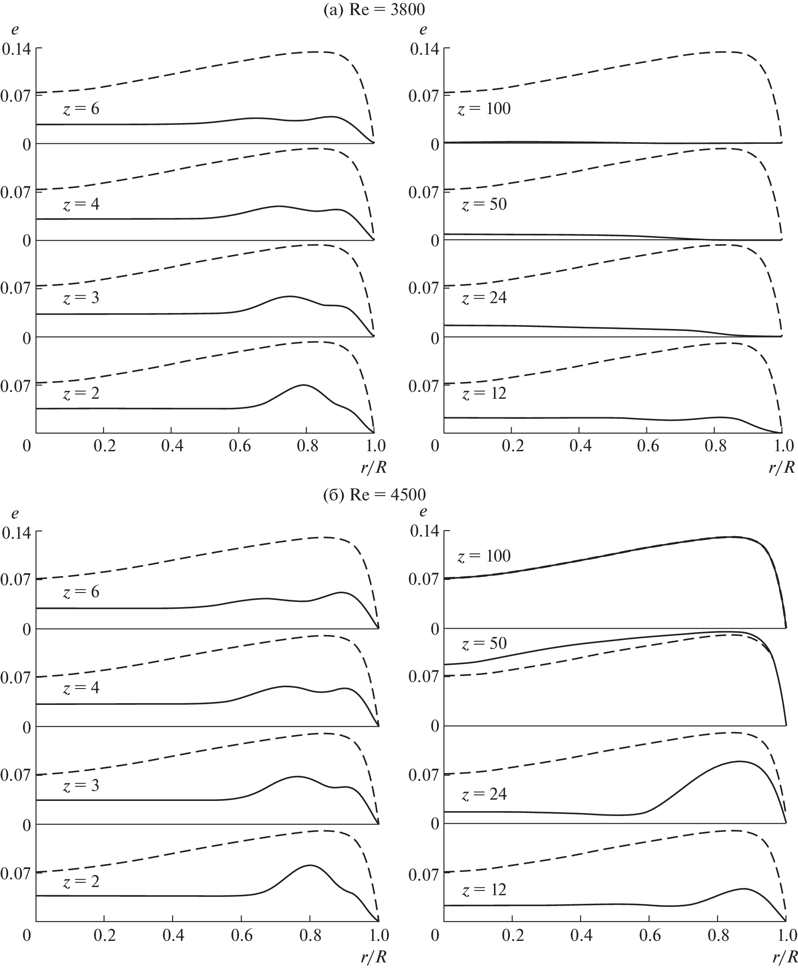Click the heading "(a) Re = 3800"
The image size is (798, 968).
(x=374, y=9)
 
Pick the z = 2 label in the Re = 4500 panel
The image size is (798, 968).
(x=81, y=881)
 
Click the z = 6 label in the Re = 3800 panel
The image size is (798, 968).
(x=81, y=109)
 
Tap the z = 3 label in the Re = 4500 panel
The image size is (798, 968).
(x=81, y=785)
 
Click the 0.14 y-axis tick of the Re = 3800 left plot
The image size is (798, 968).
(x=16, y=49)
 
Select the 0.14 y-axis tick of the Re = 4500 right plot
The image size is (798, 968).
(x=424, y=532)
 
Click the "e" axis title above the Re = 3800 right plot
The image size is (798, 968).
(x=423, y=30)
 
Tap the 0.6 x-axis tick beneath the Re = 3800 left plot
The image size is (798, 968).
(x=239, y=445)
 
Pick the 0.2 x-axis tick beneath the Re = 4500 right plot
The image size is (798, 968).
(x=512, y=935)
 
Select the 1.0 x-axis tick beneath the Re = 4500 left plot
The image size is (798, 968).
(x=378, y=935)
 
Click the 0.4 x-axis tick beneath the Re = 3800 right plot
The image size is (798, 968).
(x=580, y=445)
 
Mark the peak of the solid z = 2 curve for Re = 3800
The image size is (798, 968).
(x=303, y=385)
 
